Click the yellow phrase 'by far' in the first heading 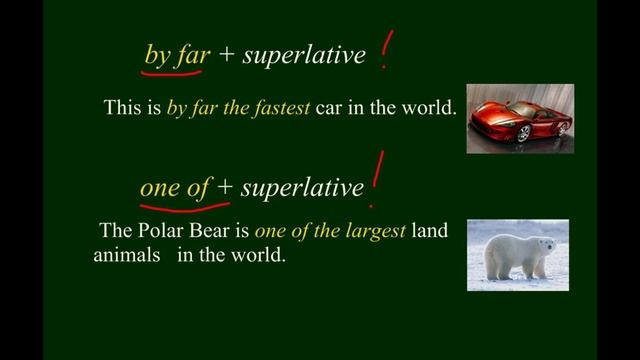(x=176, y=55)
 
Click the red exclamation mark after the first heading (x=385, y=55)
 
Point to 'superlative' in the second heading (x=302, y=187)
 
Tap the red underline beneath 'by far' (x=176, y=70)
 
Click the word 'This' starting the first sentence (x=122, y=107)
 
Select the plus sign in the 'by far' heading (x=226, y=56)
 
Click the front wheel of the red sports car (x=523, y=132)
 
